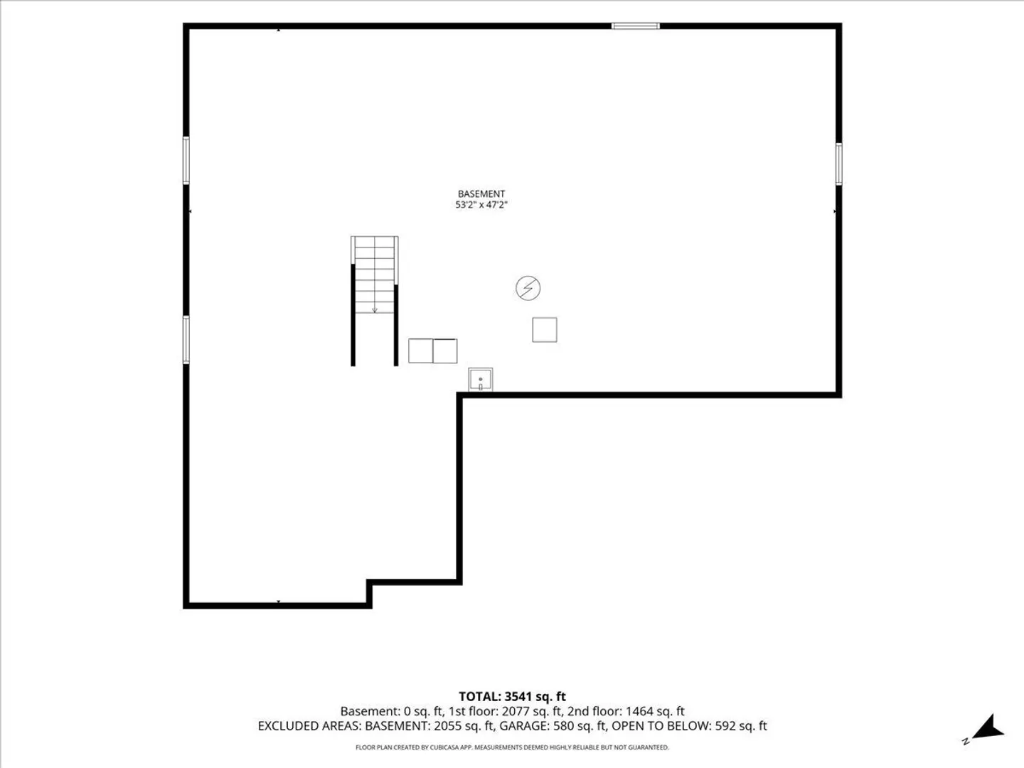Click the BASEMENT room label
[481, 193]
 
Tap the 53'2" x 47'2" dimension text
[481, 205]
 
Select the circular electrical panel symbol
[528, 288]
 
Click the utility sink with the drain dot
[481, 380]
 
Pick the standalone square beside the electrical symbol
[545, 330]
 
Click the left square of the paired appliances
[420, 351]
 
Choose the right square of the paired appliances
[445, 351]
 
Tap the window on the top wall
[636, 26]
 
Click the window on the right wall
[838, 164]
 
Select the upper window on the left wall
[186, 161]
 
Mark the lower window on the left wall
[186, 340]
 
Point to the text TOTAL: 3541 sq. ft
[512, 697]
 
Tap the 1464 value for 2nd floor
[640, 712]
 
